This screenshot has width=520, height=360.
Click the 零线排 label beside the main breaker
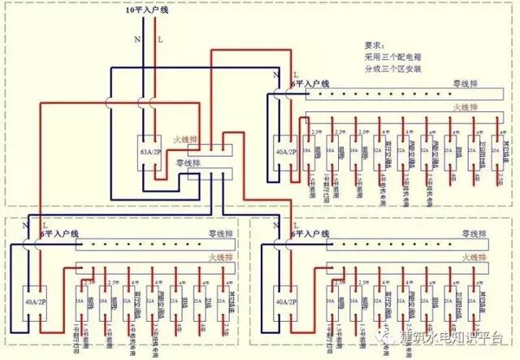coord(189,163)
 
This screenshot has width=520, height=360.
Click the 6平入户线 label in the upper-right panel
coord(310,83)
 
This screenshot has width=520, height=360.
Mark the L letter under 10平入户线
coord(159,38)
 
